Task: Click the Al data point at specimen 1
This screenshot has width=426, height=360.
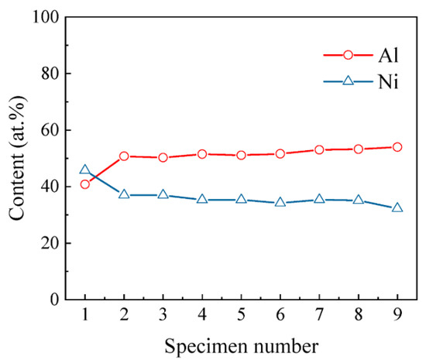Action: pyautogui.click(x=84, y=184)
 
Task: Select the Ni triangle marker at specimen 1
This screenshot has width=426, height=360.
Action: pyautogui.click(x=84, y=170)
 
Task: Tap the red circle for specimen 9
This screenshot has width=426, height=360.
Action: pyautogui.click(x=397, y=147)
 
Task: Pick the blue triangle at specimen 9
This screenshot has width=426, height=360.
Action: pyautogui.click(x=397, y=207)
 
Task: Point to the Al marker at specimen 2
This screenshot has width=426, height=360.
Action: pyautogui.click(x=124, y=156)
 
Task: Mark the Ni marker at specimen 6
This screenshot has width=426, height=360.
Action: pyautogui.click(x=280, y=202)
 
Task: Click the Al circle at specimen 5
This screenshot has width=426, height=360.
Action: pyautogui.click(x=241, y=155)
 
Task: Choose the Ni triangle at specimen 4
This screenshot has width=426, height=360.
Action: pyautogui.click(x=202, y=199)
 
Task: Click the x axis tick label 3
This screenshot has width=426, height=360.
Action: pyautogui.click(x=163, y=315)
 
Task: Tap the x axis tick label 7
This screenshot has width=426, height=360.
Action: pyautogui.click(x=319, y=315)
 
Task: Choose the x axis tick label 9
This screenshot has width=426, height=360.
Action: pyautogui.click(x=397, y=315)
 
